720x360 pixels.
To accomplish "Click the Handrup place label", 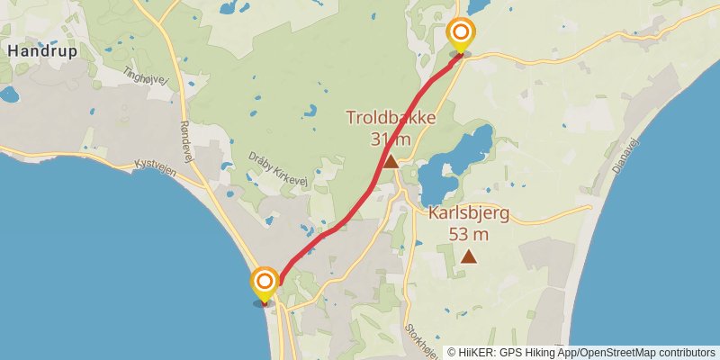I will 41,51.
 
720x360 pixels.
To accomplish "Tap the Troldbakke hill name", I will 391,118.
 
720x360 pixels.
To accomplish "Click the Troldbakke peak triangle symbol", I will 391,161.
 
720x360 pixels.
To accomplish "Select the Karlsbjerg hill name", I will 468,214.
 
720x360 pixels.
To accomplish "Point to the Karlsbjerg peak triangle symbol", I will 468,256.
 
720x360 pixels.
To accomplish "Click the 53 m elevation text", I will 468,235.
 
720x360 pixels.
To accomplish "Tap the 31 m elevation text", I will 391,139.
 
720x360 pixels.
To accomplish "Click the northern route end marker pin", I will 460,36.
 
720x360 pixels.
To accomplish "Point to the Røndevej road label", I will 186,142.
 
